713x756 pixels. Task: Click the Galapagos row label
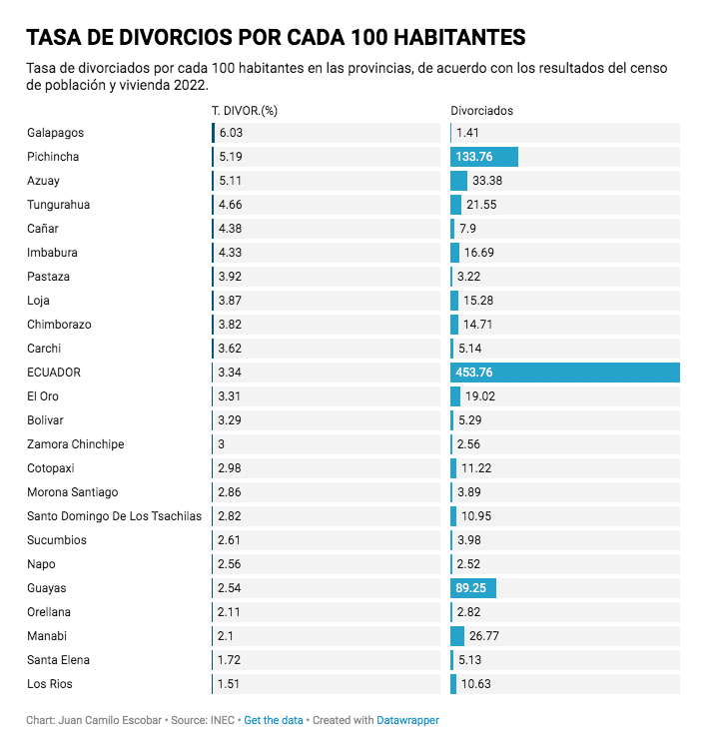click(55, 133)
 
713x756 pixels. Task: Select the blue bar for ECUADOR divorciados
click(565, 373)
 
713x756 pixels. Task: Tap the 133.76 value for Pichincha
click(474, 157)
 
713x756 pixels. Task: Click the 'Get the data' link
click(273, 720)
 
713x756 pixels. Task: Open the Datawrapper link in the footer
click(407, 720)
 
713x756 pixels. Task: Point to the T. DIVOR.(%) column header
click(244, 111)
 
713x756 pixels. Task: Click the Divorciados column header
click(481, 111)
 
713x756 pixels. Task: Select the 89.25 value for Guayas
click(471, 588)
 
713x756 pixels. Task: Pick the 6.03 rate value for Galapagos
click(231, 133)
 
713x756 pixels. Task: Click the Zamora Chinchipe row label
click(76, 444)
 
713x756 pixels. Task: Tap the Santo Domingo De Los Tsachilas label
click(114, 516)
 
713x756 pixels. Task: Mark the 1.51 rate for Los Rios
click(230, 684)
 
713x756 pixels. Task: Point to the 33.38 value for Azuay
click(487, 181)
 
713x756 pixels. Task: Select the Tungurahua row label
click(59, 205)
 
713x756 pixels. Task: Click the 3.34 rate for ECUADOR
click(231, 373)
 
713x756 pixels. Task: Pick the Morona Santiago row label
click(73, 492)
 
